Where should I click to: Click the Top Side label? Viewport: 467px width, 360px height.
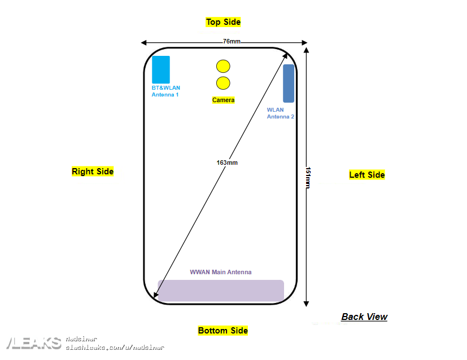click(x=223, y=22)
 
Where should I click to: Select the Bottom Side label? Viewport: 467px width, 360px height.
click(x=222, y=331)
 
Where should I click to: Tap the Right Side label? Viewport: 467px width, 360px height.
click(x=93, y=172)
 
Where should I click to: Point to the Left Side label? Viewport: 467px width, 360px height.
click(x=366, y=175)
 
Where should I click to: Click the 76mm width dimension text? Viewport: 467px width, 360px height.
click(x=231, y=42)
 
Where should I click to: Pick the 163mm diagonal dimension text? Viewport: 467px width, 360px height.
click(x=227, y=163)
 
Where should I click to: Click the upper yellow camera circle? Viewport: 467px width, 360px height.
click(x=223, y=66)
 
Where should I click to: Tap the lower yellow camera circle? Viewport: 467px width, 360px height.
click(x=223, y=84)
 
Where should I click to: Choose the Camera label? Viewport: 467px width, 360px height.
click(x=223, y=100)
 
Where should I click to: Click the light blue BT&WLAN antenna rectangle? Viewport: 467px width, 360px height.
click(x=161, y=69)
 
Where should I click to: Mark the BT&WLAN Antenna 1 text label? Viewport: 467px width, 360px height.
click(x=165, y=91)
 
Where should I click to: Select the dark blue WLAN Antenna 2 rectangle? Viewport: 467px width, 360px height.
click(x=289, y=83)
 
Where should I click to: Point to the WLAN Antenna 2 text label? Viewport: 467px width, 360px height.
click(x=280, y=113)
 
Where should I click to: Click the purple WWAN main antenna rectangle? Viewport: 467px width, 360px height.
click(x=221, y=291)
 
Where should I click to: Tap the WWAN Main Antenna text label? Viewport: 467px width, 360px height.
click(x=221, y=272)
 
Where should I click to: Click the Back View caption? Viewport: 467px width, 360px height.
click(x=364, y=317)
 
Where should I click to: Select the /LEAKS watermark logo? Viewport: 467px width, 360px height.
click(x=33, y=343)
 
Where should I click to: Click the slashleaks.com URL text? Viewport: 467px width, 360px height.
click(x=115, y=348)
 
